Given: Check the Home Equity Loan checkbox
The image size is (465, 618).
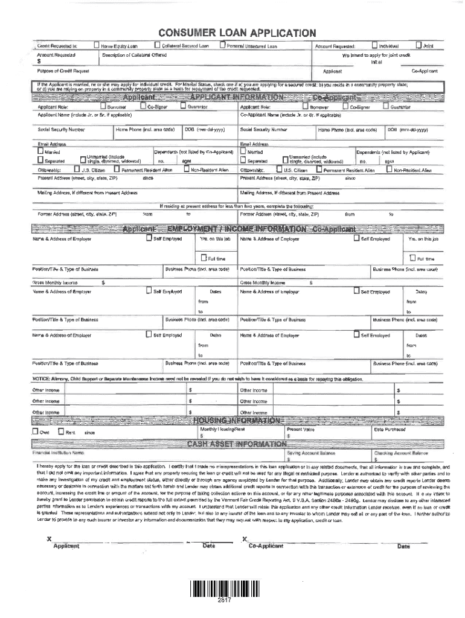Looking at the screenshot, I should (97, 45).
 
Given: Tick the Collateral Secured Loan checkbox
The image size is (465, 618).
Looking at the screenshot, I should (157, 45).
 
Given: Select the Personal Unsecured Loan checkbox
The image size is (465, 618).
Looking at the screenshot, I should (223, 45).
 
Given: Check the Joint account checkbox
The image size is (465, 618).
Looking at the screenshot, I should (419, 45).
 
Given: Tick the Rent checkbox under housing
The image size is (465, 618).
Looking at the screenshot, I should (61, 432).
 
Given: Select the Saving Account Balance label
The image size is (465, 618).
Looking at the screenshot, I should (310, 453).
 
